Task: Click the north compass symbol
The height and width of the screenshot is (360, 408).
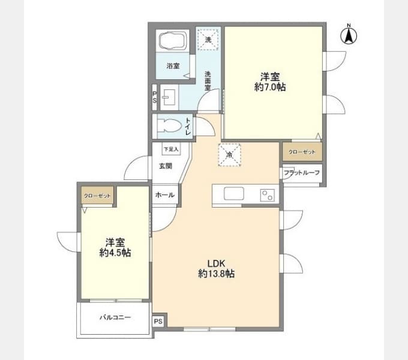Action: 349,35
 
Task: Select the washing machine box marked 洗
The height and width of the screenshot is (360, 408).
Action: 208,39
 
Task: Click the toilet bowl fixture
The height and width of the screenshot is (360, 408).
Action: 169,126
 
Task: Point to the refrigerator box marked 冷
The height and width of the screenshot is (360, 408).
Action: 229,155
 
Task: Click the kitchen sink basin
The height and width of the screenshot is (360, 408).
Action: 233,194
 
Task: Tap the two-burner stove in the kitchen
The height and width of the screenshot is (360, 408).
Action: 267,195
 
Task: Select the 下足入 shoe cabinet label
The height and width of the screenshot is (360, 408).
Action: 171,149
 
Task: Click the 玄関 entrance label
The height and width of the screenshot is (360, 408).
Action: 166,166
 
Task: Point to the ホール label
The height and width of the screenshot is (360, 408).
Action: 165,195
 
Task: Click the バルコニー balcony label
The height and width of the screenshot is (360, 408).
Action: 115,317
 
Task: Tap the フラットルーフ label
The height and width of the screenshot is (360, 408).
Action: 302,172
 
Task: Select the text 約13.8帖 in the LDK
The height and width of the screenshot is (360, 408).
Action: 216,274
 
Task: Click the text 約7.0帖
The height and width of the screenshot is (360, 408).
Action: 270,87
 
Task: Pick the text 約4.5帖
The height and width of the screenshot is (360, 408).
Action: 115,253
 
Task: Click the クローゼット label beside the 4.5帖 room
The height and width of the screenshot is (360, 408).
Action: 97,196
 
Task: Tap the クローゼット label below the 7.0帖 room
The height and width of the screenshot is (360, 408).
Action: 302,152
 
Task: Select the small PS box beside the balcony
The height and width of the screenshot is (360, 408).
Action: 158,321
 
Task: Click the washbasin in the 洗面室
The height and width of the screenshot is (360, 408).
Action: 169,98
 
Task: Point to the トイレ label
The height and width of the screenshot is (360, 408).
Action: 188,127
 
